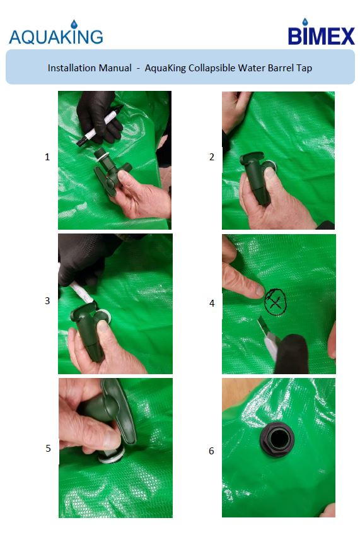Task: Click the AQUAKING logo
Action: (x=55, y=33)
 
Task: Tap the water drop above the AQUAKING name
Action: (x=74, y=25)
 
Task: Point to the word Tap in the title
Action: (x=305, y=68)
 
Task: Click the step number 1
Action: (x=47, y=157)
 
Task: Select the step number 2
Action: (x=211, y=157)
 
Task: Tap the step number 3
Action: (x=47, y=301)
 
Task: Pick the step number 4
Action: (x=212, y=303)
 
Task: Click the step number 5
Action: (x=49, y=448)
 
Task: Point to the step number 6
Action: (x=211, y=451)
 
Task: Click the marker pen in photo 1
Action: (x=100, y=126)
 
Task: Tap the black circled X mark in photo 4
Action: (x=275, y=302)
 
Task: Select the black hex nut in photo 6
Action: (x=277, y=439)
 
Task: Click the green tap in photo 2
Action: (x=256, y=177)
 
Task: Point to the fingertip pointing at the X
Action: (x=260, y=290)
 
